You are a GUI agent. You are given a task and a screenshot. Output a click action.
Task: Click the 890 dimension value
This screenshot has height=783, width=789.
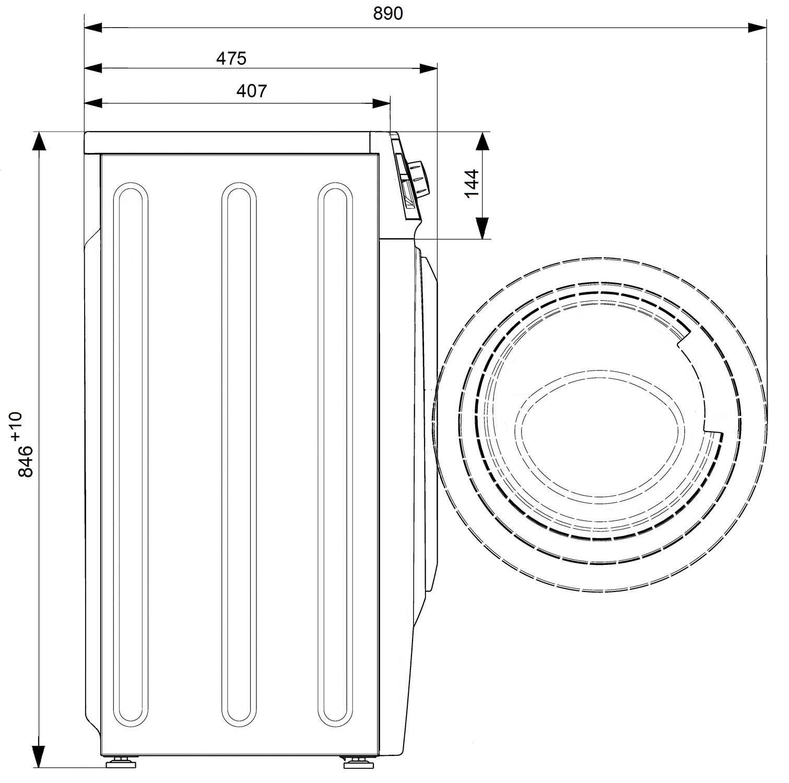pyautogui.click(x=388, y=14)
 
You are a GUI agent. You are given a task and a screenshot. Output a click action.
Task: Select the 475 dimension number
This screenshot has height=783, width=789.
pyautogui.click(x=231, y=58)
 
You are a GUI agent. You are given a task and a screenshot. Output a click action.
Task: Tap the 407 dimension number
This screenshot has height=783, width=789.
pyautogui.click(x=252, y=91)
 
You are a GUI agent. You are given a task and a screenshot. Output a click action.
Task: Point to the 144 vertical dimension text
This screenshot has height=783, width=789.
pyautogui.click(x=472, y=183)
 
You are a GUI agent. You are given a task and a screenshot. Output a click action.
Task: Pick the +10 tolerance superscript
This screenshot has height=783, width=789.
pyautogui.click(x=15, y=425)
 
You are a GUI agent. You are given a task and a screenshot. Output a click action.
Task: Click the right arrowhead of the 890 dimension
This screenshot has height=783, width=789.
pyautogui.click(x=757, y=28)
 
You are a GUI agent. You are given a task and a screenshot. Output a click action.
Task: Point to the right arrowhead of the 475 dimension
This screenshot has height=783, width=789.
pyautogui.click(x=428, y=68)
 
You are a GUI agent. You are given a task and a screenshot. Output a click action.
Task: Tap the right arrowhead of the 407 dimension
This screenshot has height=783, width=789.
pyautogui.click(x=381, y=103)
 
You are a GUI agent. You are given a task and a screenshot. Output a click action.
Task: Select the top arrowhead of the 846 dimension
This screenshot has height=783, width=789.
pyautogui.click(x=38, y=141)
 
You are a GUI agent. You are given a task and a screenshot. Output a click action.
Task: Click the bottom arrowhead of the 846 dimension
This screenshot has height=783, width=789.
pyautogui.click(x=38, y=758)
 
